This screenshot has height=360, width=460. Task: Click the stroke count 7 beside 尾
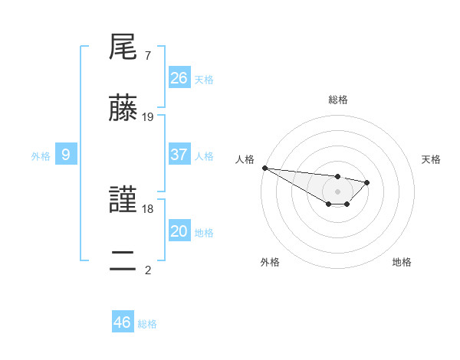tap(147, 56)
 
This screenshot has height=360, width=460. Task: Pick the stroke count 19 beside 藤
tap(148, 117)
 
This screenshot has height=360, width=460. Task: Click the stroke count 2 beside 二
tap(147, 270)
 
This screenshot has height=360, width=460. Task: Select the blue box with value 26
tap(179, 78)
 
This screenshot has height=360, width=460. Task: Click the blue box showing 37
tap(179, 155)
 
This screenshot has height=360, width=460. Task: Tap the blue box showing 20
tap(179, 231)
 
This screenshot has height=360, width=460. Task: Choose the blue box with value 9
tap(66, 155)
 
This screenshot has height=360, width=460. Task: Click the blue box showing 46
tap(123, 322)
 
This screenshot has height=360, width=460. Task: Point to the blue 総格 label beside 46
tap(147, 324)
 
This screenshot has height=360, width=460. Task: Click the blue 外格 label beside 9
tap(41, 156)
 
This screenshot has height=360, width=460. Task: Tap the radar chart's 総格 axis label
tap(337, 100)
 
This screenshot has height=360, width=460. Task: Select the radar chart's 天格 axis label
tap(431, 159)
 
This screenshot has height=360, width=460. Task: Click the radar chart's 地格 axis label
tap(402, 262)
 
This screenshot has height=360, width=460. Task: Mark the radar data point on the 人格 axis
tap(264, 168)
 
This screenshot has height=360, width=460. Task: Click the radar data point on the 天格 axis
tap(367, 182)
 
